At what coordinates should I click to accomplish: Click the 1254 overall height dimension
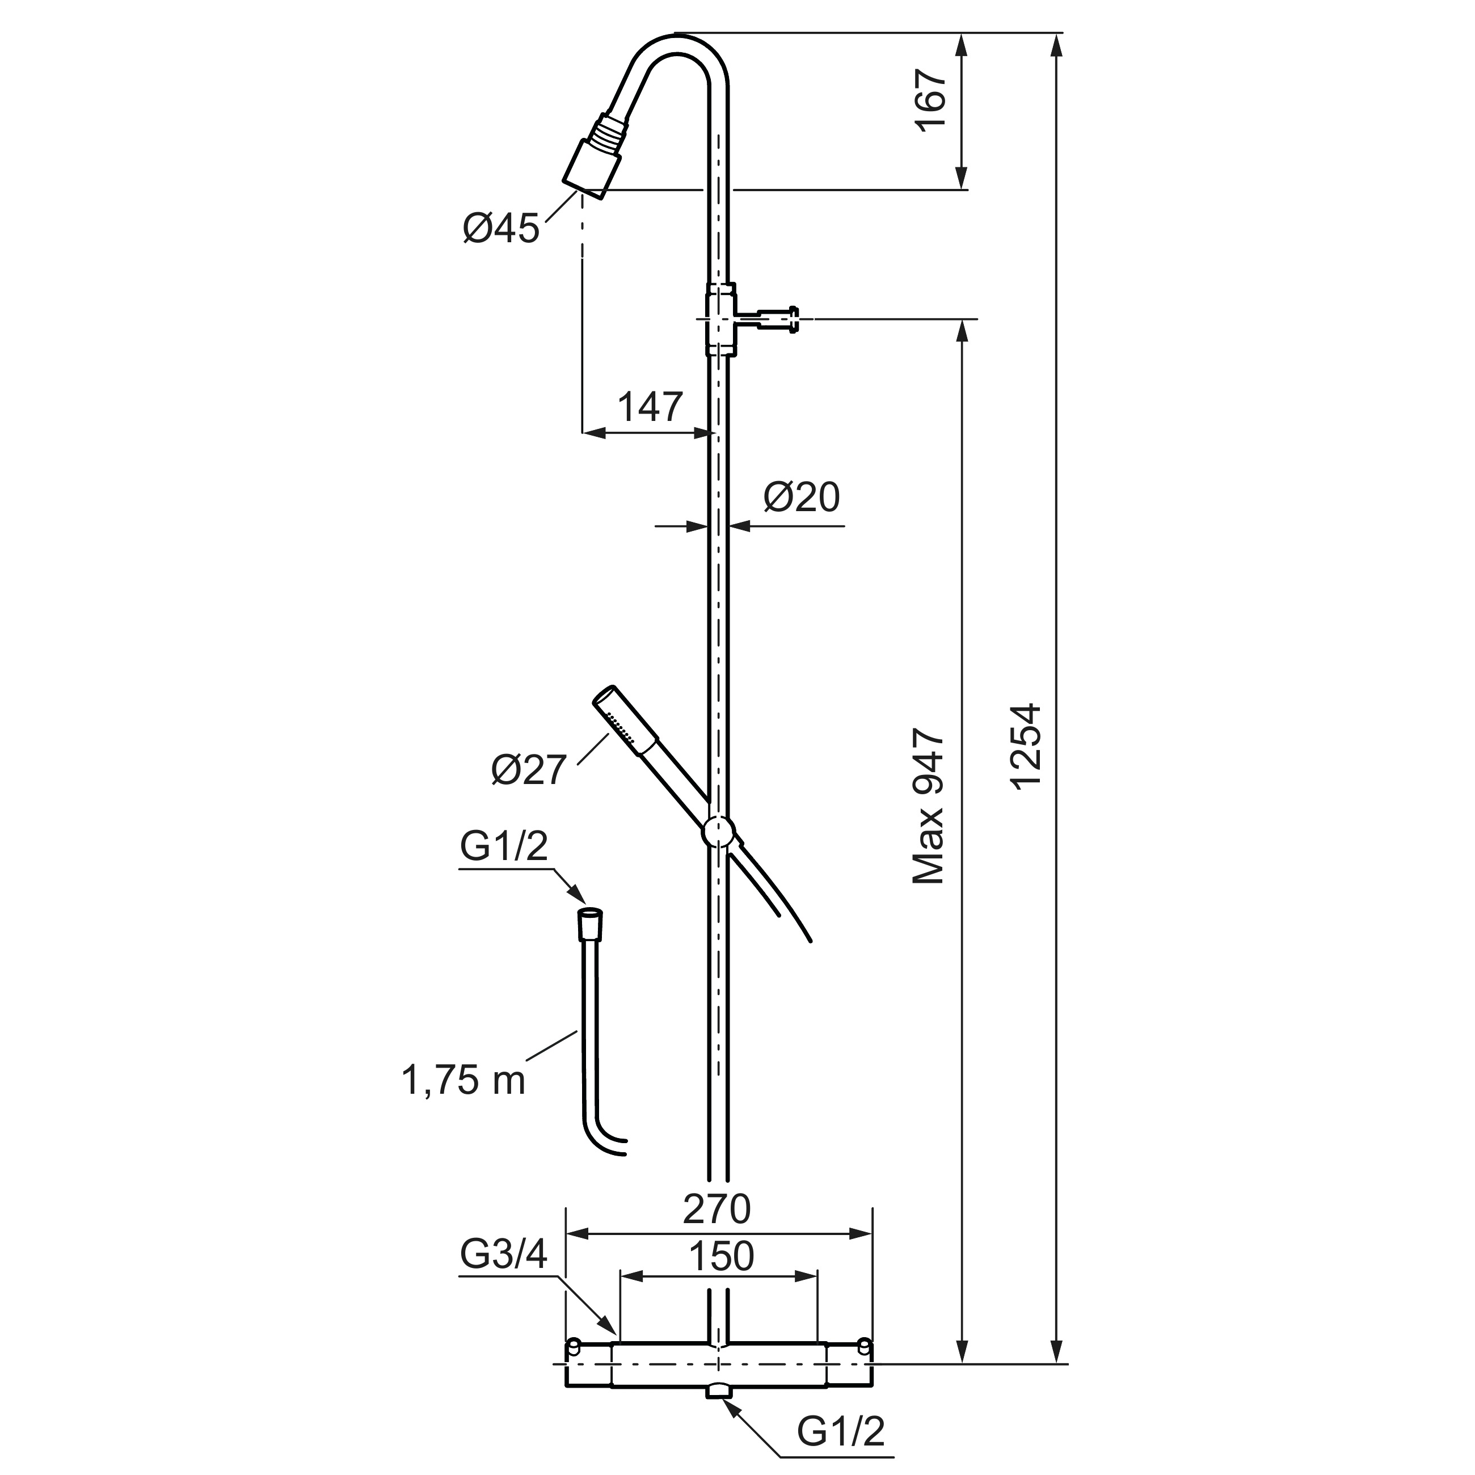pyautogui.click(x=1025, y=745)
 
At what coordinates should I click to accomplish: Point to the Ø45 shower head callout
pyautogui.click(x=501, y=228)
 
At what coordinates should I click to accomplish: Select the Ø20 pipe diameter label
pyautogui.click(x=802, y=498)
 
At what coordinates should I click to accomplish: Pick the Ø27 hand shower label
pyautogui.click(x=529, y=770)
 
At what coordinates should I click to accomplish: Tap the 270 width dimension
pyautogui.click(x=717, y=1208)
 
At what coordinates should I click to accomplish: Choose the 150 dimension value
pyautogui.click(x=722, y=1257)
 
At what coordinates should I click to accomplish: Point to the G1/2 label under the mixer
pyautogui.click(x=841, y=1432)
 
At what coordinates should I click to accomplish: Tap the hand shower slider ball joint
pyautogui.click(x=718, y=832)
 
